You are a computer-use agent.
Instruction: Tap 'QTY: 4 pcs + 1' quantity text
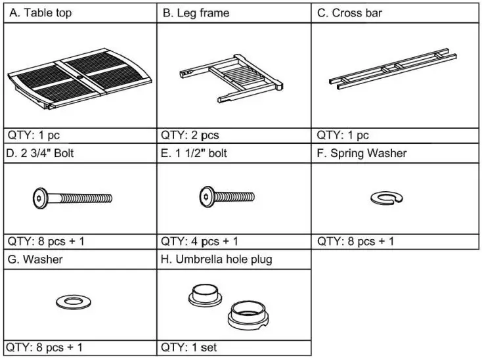point(200,241)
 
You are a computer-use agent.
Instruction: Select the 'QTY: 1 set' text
point(189,346)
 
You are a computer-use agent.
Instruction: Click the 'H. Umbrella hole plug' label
point(216,259)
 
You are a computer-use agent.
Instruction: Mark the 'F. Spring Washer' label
point(362,154)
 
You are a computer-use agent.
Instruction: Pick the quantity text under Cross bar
point(343,135)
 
